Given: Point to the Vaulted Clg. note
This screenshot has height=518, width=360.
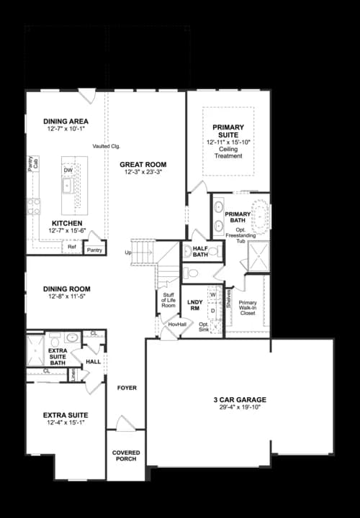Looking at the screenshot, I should tap(105, 146).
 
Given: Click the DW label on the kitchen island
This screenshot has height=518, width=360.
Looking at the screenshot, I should tap(68, 170).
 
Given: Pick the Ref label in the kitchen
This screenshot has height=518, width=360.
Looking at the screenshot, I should tap(71, 247).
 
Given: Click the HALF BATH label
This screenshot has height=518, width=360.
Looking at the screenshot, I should tap(200, 251).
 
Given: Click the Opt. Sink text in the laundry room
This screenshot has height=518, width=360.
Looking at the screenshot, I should tap(204, 327).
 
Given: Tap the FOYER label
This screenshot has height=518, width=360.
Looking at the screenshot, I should tap(127, 388).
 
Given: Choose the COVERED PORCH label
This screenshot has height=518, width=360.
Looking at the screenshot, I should tap(126, 456).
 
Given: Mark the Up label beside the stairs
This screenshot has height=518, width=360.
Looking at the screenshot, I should tap(127, 253).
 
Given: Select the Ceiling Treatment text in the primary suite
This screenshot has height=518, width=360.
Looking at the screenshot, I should tap(228, 153).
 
